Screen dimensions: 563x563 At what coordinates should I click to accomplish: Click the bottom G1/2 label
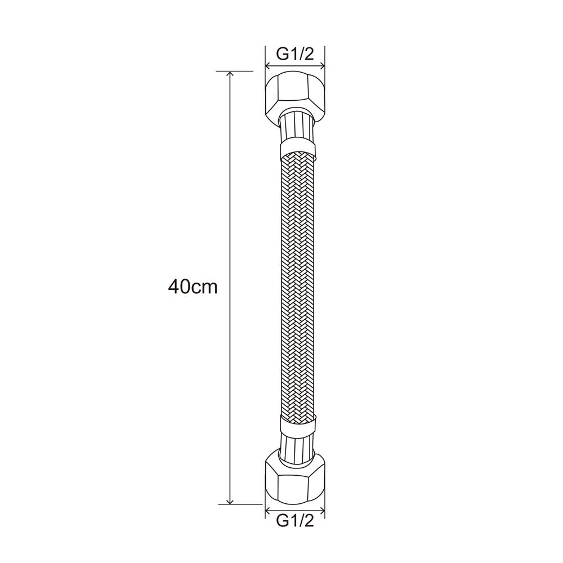pos(295,530)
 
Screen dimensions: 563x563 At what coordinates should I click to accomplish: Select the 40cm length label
pos(193,287)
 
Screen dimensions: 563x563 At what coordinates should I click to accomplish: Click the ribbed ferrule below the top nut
pos(296,127)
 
